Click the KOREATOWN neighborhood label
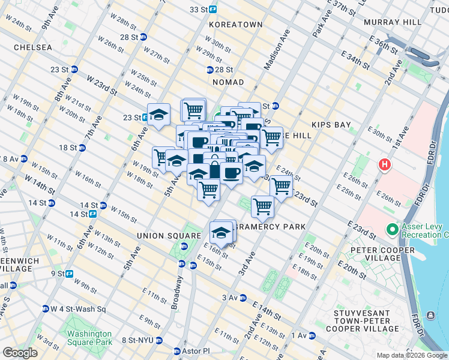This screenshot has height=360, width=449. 236,25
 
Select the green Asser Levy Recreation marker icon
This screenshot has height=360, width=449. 392,229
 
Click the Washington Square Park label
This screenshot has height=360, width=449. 89,338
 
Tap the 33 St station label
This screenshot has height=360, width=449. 202,10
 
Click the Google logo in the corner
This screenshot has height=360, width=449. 20,353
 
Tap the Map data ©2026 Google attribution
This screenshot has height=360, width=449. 411,355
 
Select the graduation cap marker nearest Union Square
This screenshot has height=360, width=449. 221,232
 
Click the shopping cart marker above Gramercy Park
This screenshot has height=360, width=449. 262,206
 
